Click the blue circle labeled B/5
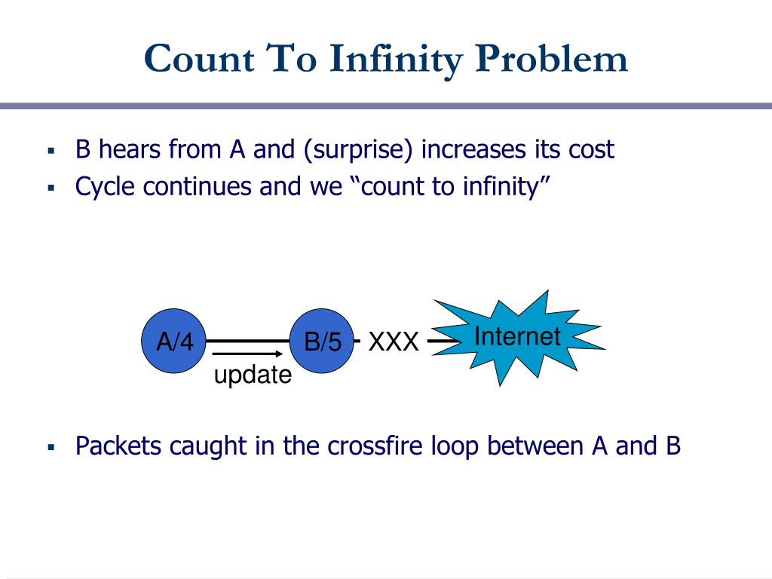click(x=323, y=342)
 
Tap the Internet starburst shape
click(x=517, y=339)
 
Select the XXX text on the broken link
click(x=393, y=342)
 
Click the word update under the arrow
click(x=253, y=374)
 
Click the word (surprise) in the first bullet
click(x=359, y=149)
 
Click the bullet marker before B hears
click(x=51, y=151)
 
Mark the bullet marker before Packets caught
click(x=51, y=447)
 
